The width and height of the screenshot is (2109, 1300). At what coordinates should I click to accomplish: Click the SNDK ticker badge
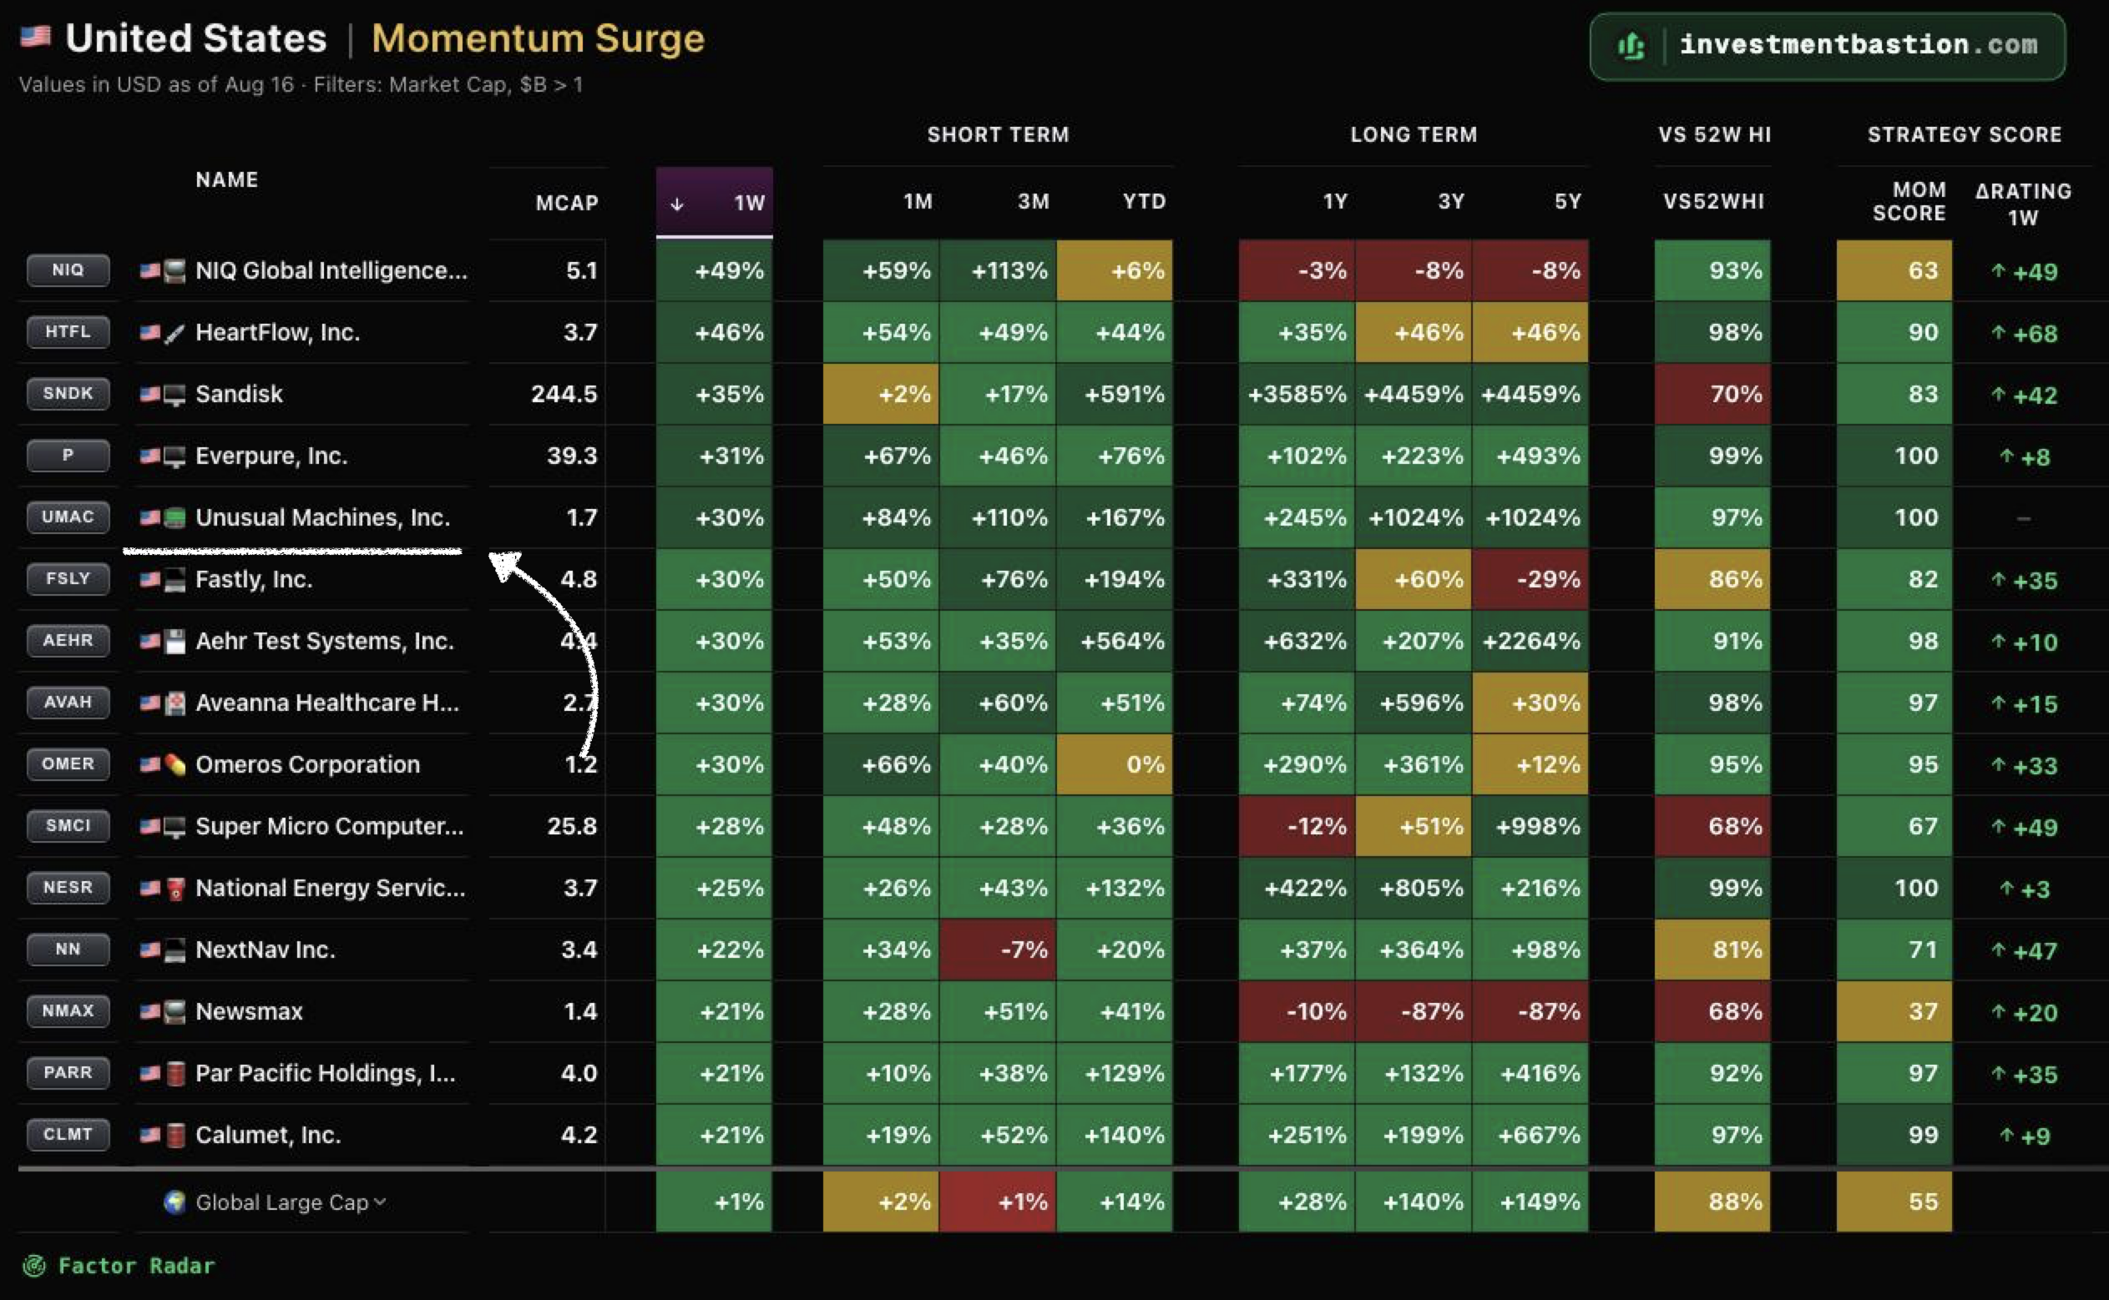[x=68, y=394]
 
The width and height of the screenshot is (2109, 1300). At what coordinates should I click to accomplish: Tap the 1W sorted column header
[x=714, y=202]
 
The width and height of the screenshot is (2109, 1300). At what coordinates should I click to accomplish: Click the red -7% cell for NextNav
[x=998, y=950]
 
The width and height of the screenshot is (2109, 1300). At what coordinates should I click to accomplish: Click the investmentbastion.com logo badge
[x=1827, y=46]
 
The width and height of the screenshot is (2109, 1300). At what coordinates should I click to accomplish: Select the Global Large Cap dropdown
[x=276, y=1202]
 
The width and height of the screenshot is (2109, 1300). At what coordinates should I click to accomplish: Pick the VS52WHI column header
[x=1713, y=201]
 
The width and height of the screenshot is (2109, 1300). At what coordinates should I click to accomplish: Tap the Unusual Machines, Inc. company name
[x=322, y=517]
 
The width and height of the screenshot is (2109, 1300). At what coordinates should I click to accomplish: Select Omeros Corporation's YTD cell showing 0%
[x=1115, y=764]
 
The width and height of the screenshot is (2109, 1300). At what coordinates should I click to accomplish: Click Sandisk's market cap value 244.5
[x=564, y=394]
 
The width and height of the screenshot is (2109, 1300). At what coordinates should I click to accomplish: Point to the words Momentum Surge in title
[x=538, y=38]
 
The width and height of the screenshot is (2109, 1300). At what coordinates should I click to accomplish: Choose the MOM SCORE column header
[x=1909, y=201]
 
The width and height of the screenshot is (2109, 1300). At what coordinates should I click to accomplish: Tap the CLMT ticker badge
[x=68, y=1135]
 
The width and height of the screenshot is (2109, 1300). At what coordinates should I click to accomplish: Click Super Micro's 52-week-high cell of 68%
[x=1712, y=826]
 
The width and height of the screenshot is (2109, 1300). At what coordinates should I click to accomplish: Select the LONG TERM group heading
[x=1414, y=135]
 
